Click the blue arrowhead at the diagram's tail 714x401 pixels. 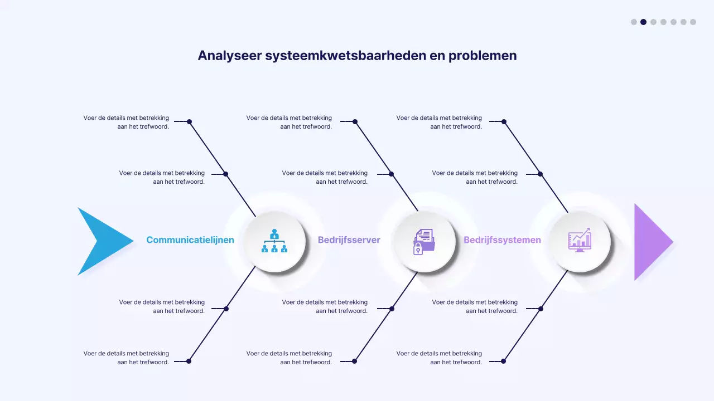(x=100, y=241)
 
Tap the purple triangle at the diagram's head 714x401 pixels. (x=650, y=242)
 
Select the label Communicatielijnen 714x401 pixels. (x=190, y=240)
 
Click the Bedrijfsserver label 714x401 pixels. (x=349, y=240)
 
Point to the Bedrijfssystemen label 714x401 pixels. (x=502, y=240)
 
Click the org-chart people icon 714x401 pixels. (x=274, y=241)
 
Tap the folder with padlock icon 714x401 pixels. (x=424, y=241)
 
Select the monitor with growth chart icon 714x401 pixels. (x=580, y=241)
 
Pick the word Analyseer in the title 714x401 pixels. (x=229, y=56)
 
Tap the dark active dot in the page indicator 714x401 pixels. (x=643, y=22)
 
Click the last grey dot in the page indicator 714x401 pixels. (x=693, y=22)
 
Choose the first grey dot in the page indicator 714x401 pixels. (x=634, y=22)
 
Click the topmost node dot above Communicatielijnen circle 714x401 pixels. (x=189, y=121)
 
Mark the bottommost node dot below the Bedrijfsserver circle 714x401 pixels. (x=354, y=361)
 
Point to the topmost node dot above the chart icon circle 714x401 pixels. (x=504, y=121)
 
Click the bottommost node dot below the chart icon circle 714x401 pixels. (x=503, y=361)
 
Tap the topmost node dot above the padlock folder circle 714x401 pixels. (x=355, y=121)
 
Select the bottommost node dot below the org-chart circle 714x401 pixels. (x=189, y=361)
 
